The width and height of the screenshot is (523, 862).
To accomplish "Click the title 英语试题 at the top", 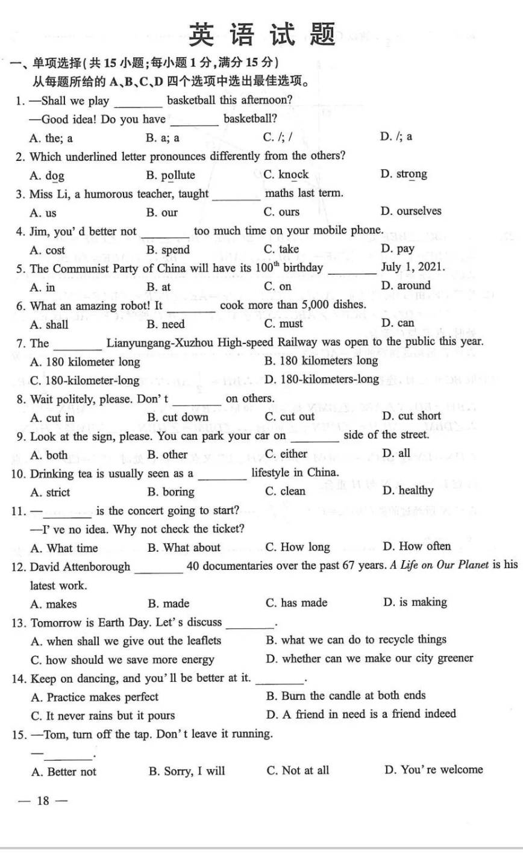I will (261, 34).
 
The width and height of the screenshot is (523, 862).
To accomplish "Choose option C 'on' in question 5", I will (277, 287).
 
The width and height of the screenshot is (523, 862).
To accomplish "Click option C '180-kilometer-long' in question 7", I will (84, 381).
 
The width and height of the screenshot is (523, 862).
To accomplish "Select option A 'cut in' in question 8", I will (52, 417).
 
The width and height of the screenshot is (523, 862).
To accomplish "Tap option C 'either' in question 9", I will (286, 454).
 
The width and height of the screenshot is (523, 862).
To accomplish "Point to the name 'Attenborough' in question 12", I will (99, 567).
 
